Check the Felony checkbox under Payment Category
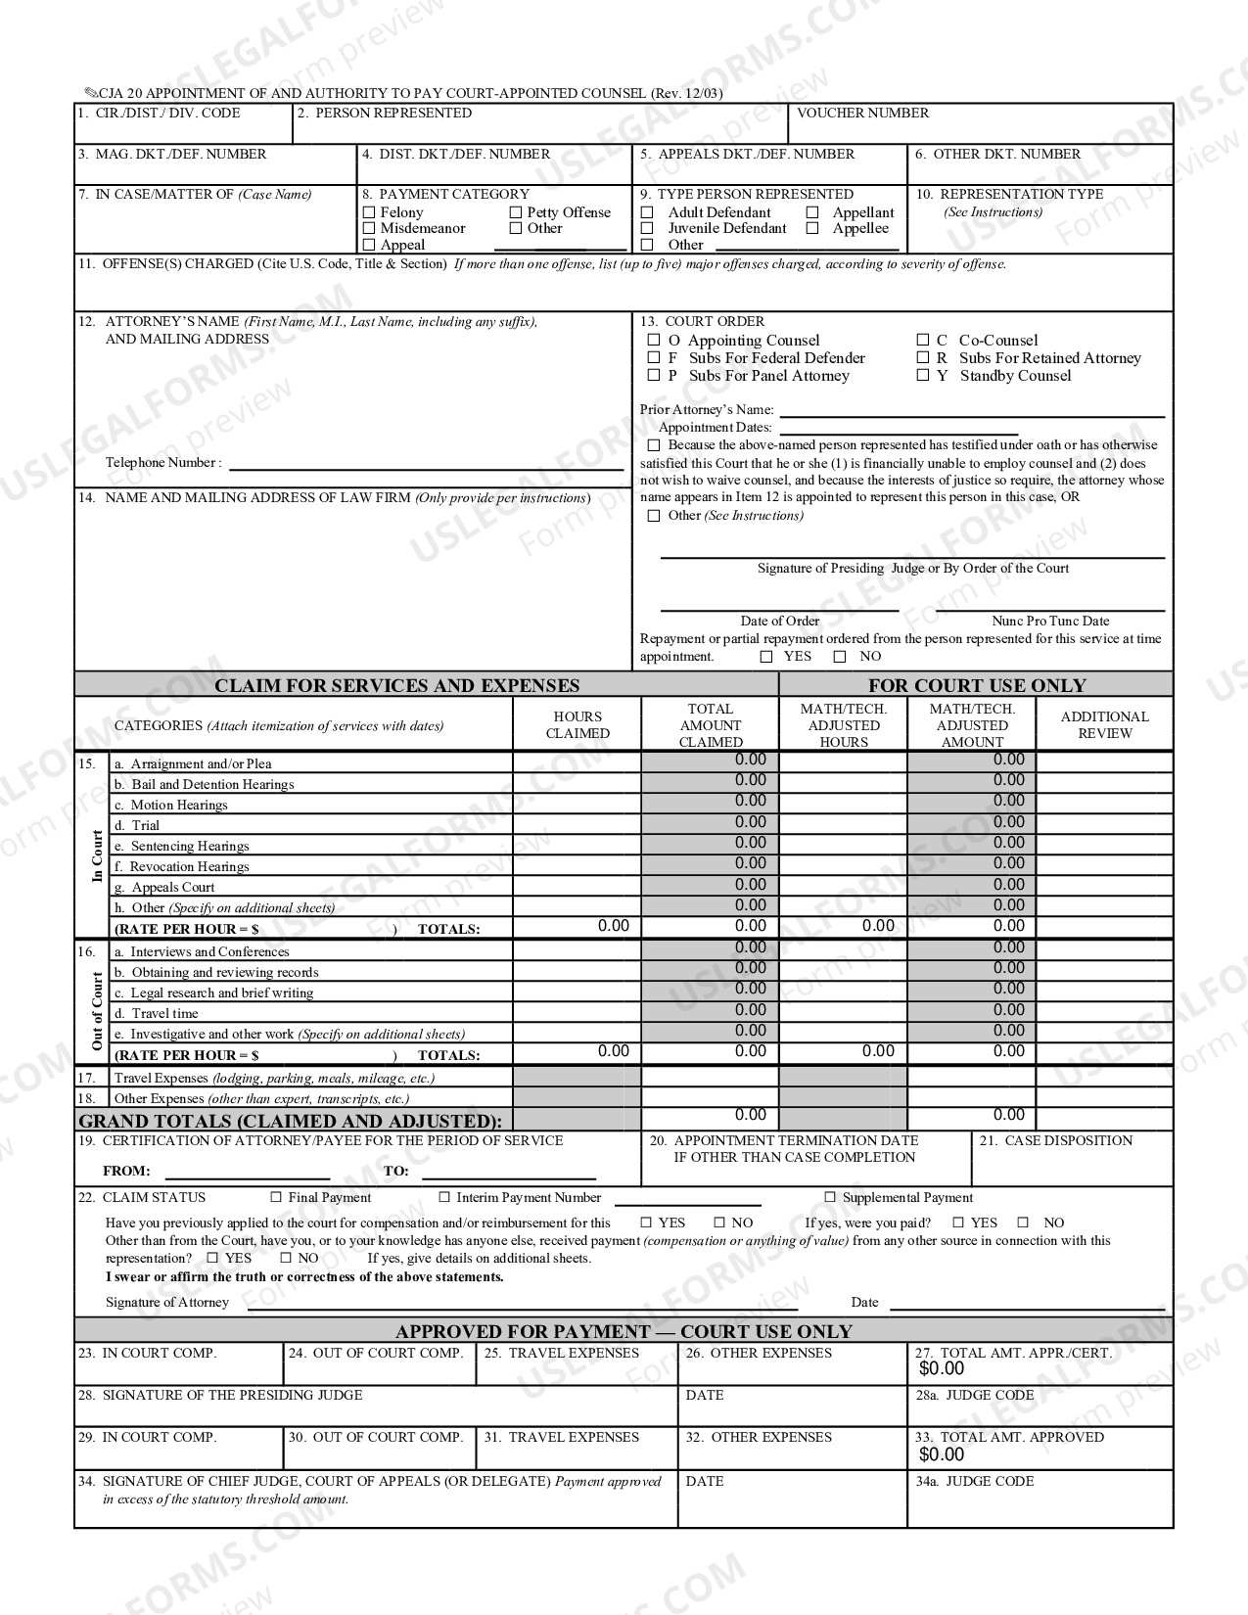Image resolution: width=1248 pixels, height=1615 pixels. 369,212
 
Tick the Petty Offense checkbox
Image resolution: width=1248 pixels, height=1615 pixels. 516,212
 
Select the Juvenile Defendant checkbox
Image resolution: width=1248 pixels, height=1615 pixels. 647,229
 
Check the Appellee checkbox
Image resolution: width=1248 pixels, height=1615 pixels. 812,229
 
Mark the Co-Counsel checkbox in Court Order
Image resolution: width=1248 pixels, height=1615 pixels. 923,341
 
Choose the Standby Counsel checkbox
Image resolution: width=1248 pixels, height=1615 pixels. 923,376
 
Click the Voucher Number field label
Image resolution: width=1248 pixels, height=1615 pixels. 862,114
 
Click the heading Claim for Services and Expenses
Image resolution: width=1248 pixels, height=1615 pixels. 396,686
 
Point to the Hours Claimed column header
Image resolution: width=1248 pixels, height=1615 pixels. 578,725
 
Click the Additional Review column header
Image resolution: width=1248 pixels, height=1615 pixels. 1104,725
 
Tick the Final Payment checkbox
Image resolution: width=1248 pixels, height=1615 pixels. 276,1197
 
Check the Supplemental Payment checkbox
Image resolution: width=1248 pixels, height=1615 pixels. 830,1197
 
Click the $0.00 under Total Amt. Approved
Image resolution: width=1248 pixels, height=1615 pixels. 942,1455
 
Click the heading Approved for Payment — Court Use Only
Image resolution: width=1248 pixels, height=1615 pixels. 624,1332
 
